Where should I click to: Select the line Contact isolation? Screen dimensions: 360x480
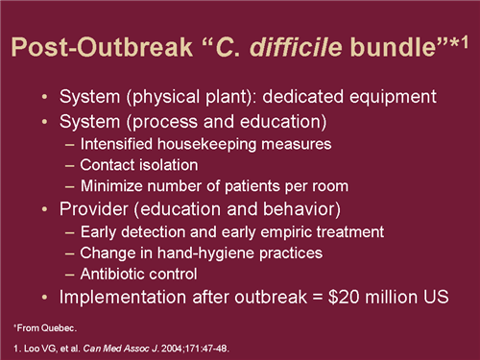pos(145,164)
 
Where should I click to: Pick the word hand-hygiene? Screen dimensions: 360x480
pos(219,252)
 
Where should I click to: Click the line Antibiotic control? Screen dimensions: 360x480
pos(147,274)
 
